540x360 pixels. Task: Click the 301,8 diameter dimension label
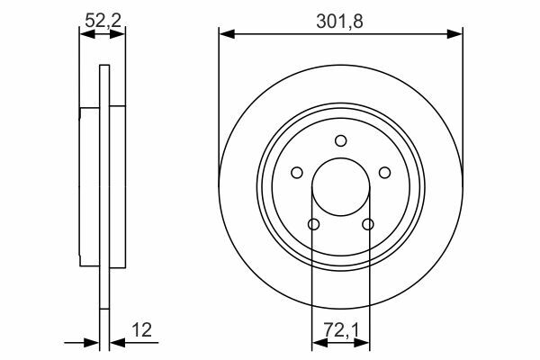(x=339, y=22)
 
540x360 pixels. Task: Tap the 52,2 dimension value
(x=103, y=21)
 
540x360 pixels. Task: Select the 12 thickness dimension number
(x=141, y=330)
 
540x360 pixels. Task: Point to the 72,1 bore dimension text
(x=341, y=330)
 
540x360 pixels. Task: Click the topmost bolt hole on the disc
(x=341, y=141)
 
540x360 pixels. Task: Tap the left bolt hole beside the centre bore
(x=297, y=173)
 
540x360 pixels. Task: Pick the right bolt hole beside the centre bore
(x=384, y=173)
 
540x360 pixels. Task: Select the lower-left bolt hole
(x=314, y=225)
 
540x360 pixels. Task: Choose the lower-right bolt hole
(x=368, y=225)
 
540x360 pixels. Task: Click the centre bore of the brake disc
(x=341, y=187)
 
